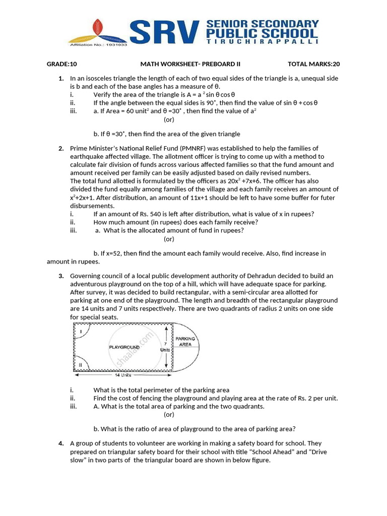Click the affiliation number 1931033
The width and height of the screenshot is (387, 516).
pos(117,44)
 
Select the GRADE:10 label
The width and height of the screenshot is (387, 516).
pos(61,64)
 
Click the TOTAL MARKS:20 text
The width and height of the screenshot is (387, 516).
pos(313,64)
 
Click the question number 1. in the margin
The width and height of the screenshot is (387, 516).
pos(60,79)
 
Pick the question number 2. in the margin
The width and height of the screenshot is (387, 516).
pos(60,148)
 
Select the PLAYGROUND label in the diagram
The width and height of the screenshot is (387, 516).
pos(123,347)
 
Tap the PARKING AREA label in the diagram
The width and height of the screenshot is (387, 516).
pos(185,342)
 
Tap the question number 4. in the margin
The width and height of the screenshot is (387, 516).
pos(60,443)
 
